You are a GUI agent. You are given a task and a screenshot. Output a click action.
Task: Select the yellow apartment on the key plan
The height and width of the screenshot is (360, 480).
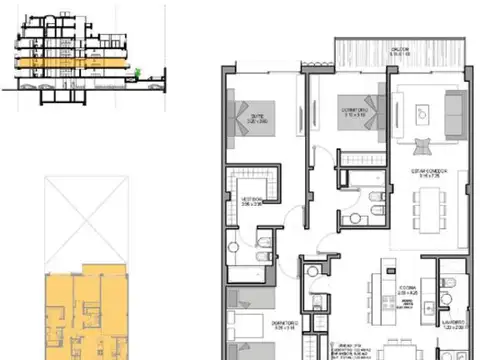tap(85, 310)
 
